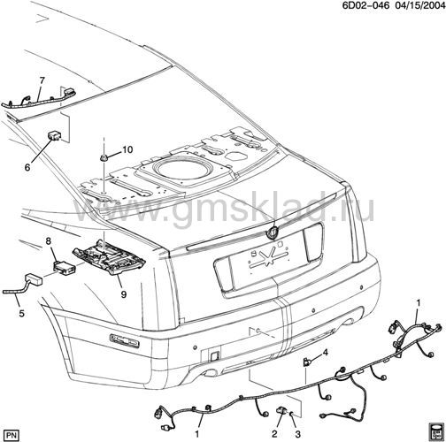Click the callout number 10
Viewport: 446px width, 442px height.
[127, 149]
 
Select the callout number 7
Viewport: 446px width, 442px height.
[42, 80]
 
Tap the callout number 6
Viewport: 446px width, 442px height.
[27, 167]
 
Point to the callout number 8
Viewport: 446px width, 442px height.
[49, 241]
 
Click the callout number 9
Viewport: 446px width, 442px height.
[124, 294]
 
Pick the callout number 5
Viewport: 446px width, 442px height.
[21, 314]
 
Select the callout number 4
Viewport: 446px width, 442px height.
[325, 352]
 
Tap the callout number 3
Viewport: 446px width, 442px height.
[297, 434]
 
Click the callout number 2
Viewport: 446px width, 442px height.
[274, 434]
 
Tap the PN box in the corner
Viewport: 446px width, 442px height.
[12, 435]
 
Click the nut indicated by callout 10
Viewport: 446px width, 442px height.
[104, 158]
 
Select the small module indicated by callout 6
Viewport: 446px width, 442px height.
[54, 135]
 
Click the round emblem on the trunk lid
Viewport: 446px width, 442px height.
[272, 232]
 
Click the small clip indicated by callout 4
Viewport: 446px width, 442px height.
[306, 362]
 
